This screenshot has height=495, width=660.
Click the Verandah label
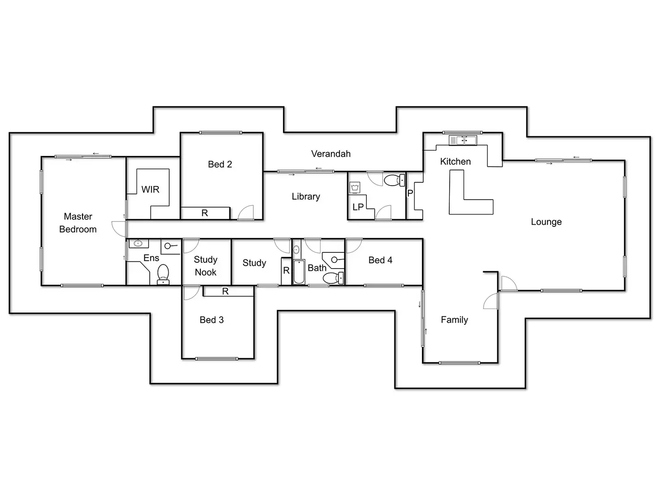click(331, 154)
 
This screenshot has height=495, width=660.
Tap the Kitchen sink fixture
click(462, 140)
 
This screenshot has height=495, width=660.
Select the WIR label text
click(150, 189)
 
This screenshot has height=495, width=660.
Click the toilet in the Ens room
click(163, 274)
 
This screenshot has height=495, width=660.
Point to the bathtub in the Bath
click(299, 272)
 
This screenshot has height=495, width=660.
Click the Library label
click(306, 196)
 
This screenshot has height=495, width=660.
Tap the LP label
click(358, 207)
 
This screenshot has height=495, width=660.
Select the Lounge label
click(546, 222)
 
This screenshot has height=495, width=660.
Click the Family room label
click(454, 320)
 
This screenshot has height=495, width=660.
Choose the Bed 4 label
click(380, 260)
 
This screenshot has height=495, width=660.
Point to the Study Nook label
click(206, 266)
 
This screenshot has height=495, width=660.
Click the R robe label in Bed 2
click(205, 213)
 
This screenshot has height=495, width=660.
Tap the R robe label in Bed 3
click(225, 291)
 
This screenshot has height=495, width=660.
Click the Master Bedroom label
click(78, 223)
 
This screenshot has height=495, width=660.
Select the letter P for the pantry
click(410, 193)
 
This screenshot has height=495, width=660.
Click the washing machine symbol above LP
click(355, 187)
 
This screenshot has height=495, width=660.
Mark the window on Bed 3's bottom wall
click(217, 359)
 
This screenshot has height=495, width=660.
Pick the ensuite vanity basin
click(138, 243)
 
